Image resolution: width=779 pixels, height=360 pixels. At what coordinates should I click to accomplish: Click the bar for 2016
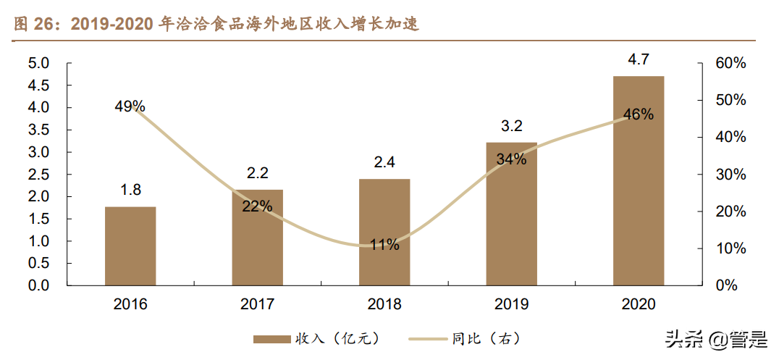click(x=130, y=246)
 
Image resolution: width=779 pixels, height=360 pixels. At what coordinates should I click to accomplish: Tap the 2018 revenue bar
click(x=384, y=232)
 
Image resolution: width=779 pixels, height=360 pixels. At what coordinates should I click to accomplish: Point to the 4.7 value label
click(x=638, y=60)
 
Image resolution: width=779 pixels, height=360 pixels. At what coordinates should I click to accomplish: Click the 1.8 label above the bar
click(x=130, y=191)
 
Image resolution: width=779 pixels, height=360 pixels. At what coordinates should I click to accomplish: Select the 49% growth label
click(x=130, y=106)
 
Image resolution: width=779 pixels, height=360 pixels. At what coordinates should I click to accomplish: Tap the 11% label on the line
click(x=384, y=245)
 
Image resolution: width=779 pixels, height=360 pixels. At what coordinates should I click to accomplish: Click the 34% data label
click(x=511, y=159)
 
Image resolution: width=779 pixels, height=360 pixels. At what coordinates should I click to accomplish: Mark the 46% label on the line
click(x=638, y=114)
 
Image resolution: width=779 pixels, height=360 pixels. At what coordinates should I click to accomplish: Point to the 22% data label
click(x=257, y=206)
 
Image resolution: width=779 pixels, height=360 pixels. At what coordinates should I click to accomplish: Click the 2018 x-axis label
click(x=384, y=304)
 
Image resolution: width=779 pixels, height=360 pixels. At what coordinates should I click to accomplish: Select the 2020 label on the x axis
click(x=638, y=304)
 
